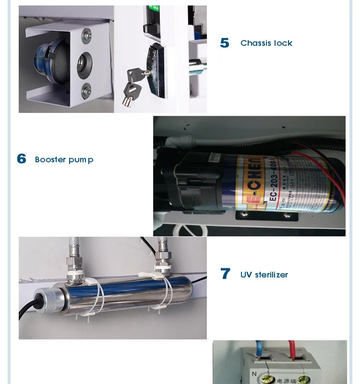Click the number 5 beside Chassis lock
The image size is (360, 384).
[x=225, y=43]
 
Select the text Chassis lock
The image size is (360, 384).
[x=266, y=43]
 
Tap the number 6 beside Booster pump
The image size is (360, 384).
[x=22, y=159]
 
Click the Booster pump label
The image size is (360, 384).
[x=64, y=159]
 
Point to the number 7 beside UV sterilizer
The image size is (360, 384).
[x=225, y=274]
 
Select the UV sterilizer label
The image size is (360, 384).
[x=264, y=275]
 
